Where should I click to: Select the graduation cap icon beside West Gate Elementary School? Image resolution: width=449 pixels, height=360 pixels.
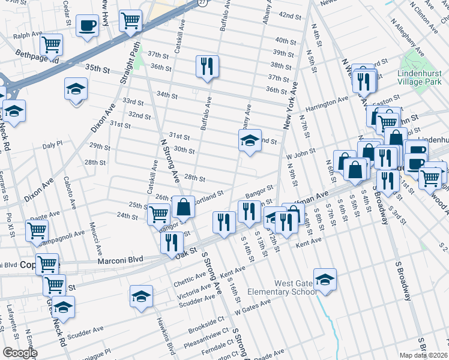[x=325, y=280]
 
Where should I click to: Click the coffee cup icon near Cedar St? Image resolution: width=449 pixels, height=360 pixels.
[x=88, y=26]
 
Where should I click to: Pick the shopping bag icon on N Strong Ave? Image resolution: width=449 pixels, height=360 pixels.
[x=183, y=208]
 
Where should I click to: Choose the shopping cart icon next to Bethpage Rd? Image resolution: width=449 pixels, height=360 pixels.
[x=52, y=44]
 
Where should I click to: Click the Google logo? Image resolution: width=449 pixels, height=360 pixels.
[x=20, y=353]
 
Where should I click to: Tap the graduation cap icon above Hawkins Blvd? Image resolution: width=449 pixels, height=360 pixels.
[x=141, y=297]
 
